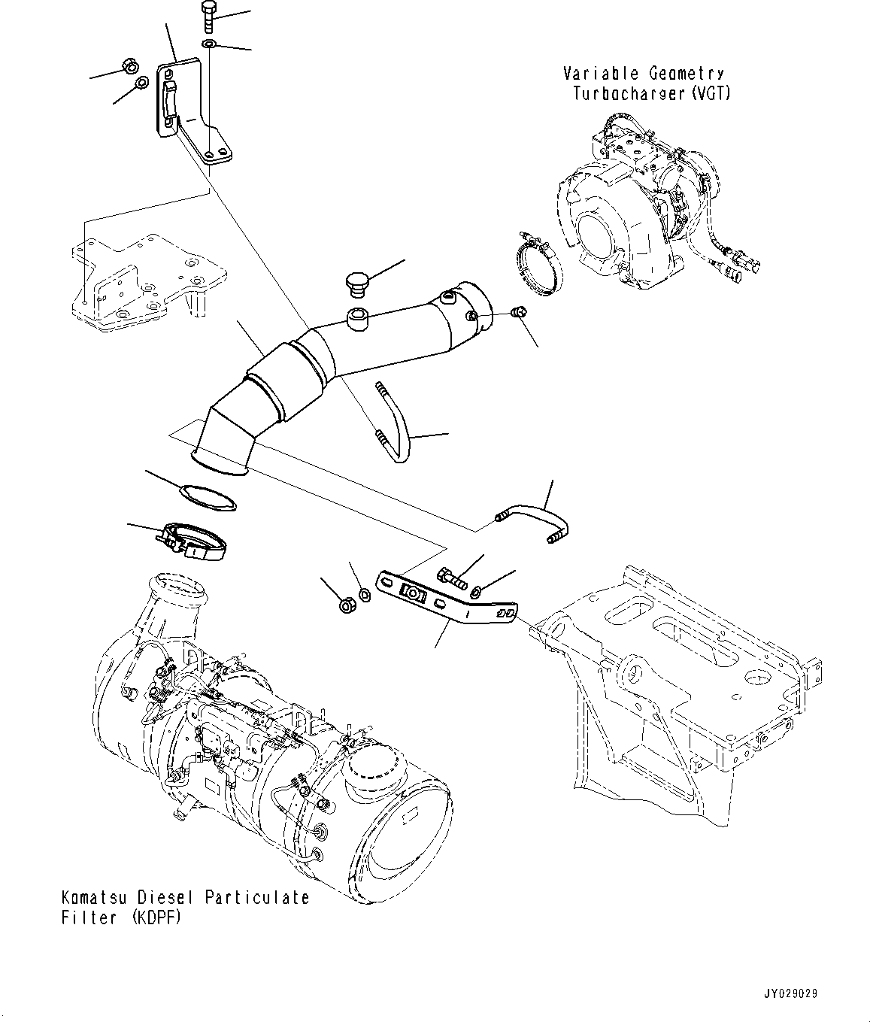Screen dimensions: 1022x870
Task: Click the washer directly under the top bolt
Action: pos(208,46)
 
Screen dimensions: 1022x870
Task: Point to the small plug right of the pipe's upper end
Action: pos(517,311)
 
